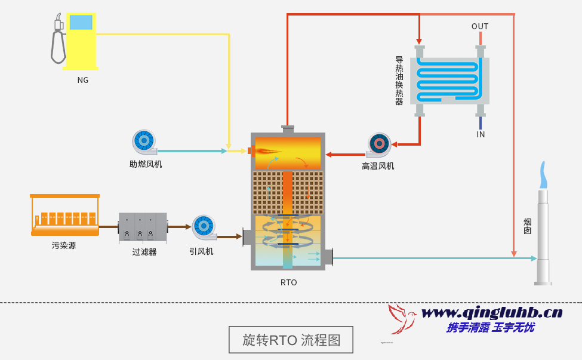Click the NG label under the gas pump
(x=82, y=80)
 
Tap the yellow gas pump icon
(x=81, y=41)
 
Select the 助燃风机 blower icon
(x=144, y=141)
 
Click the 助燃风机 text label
(x=145, y=164)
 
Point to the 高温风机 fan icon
(x=379, y=144)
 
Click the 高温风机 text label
(x=378, y=166)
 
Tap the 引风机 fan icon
(x=204, y=226)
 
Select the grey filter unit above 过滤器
(x=143, y=226)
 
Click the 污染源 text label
(x=64, y=245)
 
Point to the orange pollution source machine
(x=64, y=215)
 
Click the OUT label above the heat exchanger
(x=480, y=26)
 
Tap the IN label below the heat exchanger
(x=481, y=134)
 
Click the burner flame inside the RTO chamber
(x=267, y=150)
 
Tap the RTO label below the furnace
(x=288, y=282)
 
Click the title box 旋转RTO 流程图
(x=291, y=340)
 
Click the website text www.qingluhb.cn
(x=491, y=312)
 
